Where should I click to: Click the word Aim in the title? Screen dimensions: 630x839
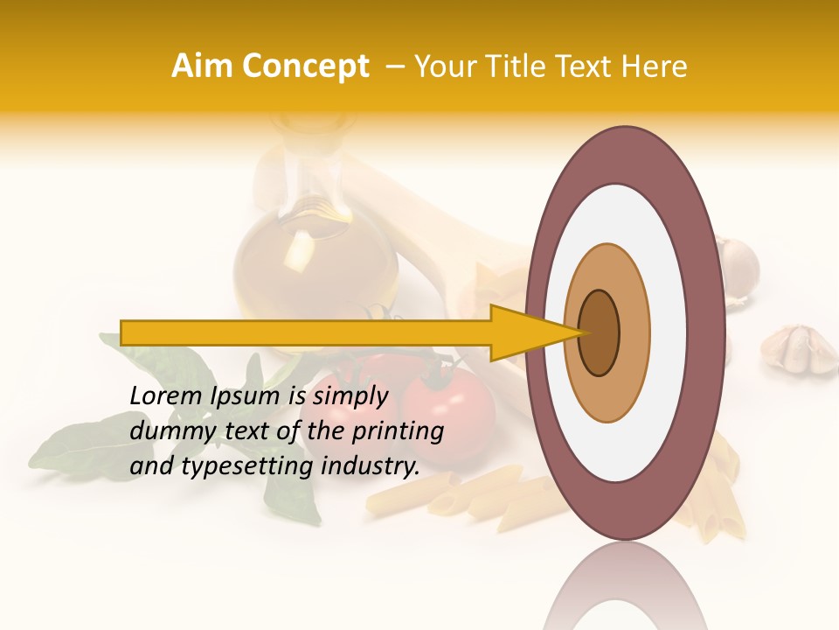(203, 66)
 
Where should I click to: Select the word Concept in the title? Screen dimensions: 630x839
(305, 66)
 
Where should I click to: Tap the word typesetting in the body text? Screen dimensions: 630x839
(245, 466)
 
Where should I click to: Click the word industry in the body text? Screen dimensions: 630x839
(366, 466)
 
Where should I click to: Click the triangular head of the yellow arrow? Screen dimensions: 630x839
(524, 332)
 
